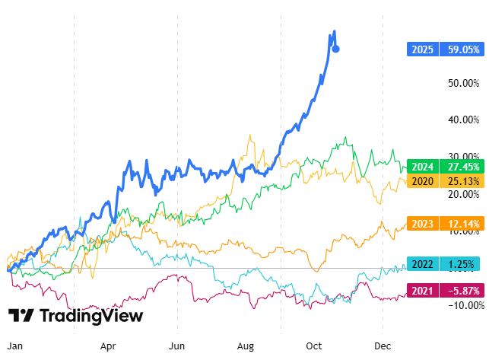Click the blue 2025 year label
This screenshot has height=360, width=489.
click(x=423, y=49)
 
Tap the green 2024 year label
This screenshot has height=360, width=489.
click(x=423, y=167)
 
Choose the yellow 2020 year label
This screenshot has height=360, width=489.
click(x=423, y=181)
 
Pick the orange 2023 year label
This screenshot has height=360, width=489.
click(x=423, y=224)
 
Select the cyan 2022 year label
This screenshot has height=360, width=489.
click(x=423, y=264)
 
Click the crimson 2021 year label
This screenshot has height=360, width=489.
click(x=423, y=290)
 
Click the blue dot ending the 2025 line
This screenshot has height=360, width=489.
click(x=336, y=49)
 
